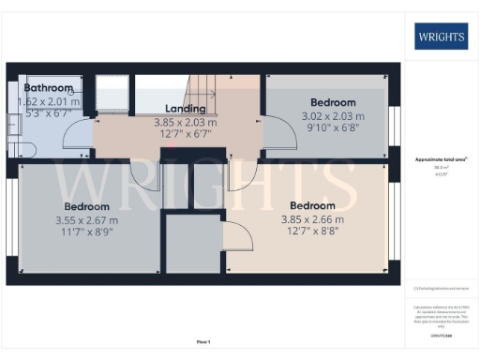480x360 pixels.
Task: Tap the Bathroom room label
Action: [49, 88]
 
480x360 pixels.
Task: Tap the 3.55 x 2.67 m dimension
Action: [87, 219]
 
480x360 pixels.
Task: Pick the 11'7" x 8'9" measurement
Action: [87, 232]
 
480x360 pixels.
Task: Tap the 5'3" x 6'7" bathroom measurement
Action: [49, 112]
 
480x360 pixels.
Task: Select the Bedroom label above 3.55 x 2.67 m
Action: [87, 206]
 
